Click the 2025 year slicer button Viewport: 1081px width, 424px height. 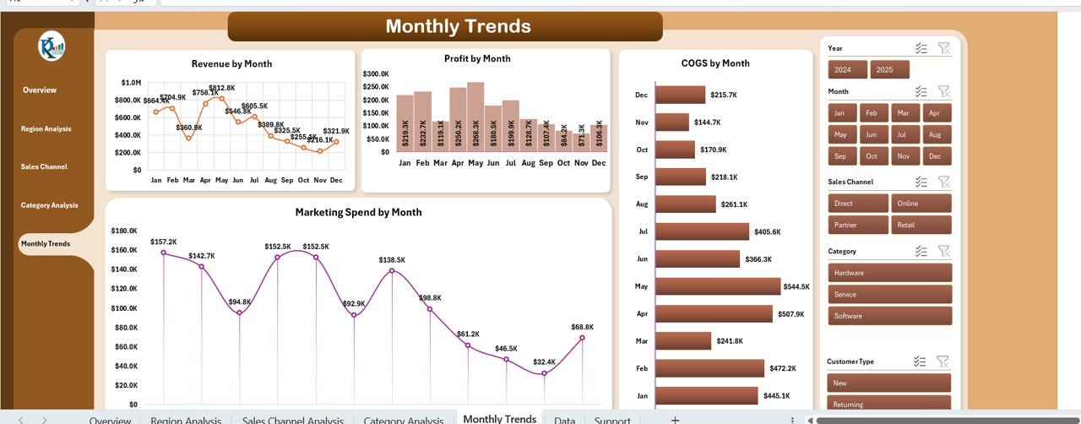(889, 70)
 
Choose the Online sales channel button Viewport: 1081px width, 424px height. (920, 204)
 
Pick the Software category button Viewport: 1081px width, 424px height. (890, 316)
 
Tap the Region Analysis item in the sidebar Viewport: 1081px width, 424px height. (46, 129)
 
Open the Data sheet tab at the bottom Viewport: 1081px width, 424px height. (564, 420)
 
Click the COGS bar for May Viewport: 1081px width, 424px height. (717, 286)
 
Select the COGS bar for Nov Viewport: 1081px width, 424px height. (672, 122)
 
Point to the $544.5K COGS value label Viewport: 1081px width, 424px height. (796, 287)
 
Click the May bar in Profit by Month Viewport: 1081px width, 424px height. (475, 117)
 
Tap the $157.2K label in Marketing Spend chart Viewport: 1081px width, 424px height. (164, 242)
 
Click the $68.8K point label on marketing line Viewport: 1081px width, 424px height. (582, 327)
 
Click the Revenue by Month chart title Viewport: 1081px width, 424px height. (231, 63)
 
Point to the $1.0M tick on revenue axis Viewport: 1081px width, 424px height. (132, 83)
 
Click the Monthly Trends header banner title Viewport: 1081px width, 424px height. (458, 26)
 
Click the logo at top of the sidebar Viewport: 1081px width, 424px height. (52, 46)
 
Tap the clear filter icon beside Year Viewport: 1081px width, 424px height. (944, 49)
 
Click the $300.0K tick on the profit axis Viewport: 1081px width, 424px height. (376, 74)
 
